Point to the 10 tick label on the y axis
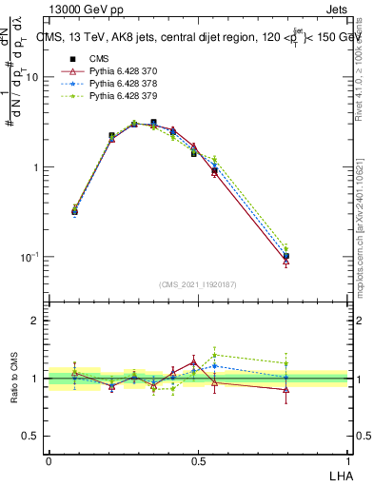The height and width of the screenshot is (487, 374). pyautogui.click(x=31, y=77)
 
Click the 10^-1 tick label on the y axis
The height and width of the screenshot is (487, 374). pyautogui.click(x=30, y=258)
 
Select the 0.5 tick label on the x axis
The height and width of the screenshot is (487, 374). pyautogui.click(x=197, y=460)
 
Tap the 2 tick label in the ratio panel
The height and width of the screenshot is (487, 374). pyautogui.click(x=35, y=321)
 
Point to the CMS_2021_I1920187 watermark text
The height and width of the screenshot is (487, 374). pyautogui.click(x=197, y=283)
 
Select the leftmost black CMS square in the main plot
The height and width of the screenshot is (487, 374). pyautogui.click(x=74, y=212)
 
